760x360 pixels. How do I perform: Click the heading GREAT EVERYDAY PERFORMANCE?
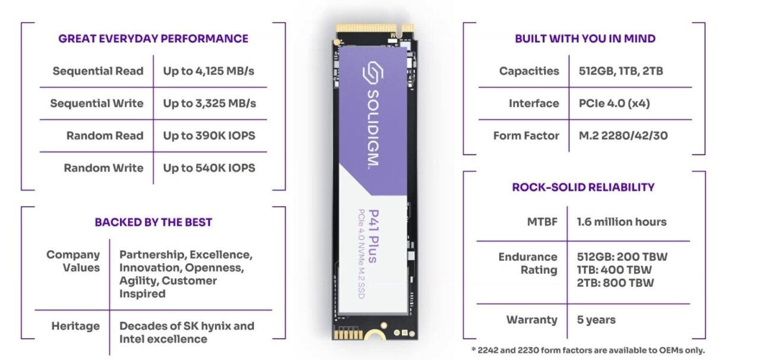point(153,39)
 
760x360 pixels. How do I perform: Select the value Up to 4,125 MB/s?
point(209,71)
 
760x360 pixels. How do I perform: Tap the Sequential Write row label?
point(97,103)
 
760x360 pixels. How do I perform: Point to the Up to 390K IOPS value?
point(209,135)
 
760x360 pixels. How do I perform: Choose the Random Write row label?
point(104,168)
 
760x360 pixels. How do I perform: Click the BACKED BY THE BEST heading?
point(153,222)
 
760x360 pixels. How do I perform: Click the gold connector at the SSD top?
point(374,28)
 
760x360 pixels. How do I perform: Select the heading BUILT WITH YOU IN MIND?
point(585,39)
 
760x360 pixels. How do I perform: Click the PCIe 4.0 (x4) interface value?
point(614,103)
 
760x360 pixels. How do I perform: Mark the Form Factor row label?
point(526,135)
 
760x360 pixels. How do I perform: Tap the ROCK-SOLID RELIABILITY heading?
point(583,187)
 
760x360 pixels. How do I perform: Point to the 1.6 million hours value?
point(622,222)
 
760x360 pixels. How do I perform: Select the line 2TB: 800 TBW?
point(615,283)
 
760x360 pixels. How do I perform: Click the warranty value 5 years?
point(596,320)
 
